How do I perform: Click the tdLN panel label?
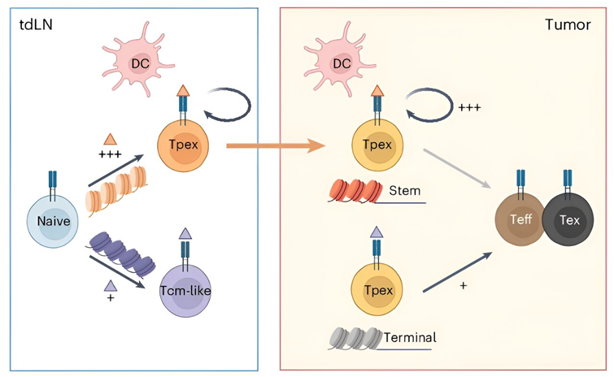(x=34, y=24)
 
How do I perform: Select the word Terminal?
(x=408, y=337)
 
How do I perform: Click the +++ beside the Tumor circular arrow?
(x=470, y=107)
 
